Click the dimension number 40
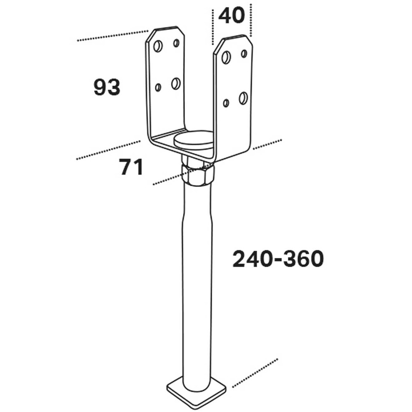pos(232,16)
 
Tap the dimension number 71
pos(131,167)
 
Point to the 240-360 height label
pos(278,259)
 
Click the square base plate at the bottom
pos(196,391)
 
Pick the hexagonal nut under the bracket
pos(198,174)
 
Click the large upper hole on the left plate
pos(158,46)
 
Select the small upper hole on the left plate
pos(176,43)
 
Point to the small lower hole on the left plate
pos(158,87)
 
